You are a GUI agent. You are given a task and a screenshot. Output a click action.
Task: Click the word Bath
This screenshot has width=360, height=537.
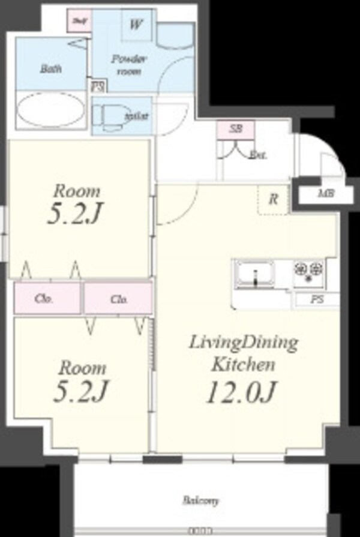[50, 68]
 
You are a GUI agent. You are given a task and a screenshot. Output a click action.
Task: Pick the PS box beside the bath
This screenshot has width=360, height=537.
[96, 86]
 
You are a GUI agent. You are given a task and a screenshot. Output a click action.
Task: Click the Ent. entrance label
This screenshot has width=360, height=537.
[257, 155]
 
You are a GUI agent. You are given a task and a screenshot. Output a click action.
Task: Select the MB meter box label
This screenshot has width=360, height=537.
[326, 194]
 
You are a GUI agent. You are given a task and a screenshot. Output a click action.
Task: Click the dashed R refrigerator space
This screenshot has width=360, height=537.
[273, 199]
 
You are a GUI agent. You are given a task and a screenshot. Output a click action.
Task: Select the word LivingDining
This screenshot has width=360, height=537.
[243, 343]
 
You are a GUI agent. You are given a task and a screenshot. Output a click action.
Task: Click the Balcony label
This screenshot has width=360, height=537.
[201, 500]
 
